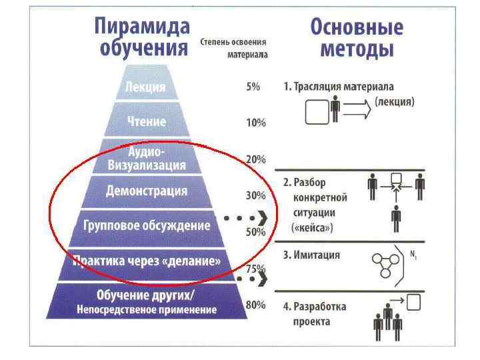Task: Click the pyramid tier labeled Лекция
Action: point(145,87)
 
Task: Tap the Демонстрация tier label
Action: point(147,191)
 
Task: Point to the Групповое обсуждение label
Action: point(147,225)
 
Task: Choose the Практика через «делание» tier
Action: point(147,261)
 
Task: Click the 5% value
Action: point(253,87)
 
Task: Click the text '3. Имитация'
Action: point(311,255)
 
